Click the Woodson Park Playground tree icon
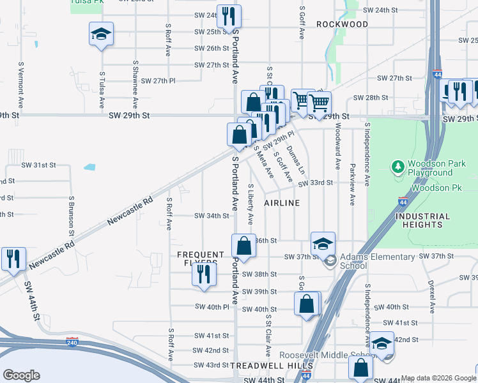click(x=398, y=167)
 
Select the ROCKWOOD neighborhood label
click(x=343, y=24)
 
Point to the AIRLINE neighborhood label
click(x=282, y=202)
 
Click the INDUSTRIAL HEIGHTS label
click(x=428, y=220)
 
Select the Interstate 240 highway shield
click(x=72, y=342)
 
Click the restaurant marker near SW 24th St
click(x=227, y=16)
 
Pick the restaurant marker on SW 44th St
click(x=13, y=258)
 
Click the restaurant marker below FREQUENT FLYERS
click(x=203, y=274)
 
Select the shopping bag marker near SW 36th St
click(x=243, y=245)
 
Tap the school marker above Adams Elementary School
click(x=323, y=243)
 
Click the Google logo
click(x=22, y=375)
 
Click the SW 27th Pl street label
click(x=158, y=81)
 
